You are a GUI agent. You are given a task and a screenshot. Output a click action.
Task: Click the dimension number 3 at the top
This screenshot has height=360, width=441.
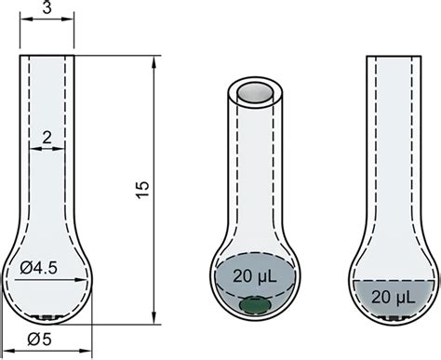(x=47, y=7)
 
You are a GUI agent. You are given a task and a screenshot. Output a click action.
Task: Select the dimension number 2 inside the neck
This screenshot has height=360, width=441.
(x=47, y=138)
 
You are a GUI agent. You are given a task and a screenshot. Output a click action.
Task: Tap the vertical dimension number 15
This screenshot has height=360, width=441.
(x=142, y=190)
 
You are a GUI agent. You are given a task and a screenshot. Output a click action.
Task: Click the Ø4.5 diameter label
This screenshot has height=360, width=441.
(x=39, y=268)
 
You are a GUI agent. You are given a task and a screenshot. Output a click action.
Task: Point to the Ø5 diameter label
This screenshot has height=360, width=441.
(x=40, y=340)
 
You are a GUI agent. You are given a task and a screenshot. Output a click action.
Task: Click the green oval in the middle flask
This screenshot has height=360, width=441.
(x=255, y=305)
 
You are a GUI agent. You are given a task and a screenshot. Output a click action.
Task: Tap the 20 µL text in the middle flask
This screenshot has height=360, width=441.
(x=255, y=275)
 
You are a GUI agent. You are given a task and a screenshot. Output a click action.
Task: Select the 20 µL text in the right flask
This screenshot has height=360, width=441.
(x=393, y=297)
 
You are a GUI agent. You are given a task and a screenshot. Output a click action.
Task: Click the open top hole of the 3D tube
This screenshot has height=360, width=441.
(x=255, y=92)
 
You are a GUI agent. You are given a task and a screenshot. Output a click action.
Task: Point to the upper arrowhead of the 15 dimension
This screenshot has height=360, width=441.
(x=154, y=61)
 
